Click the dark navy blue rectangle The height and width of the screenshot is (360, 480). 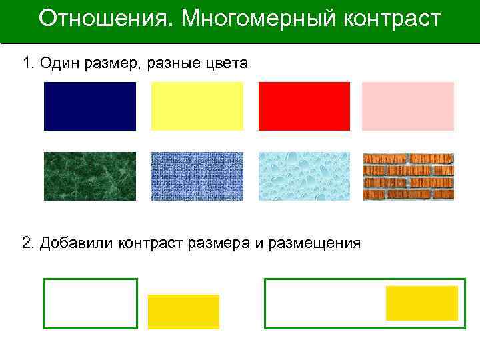coord(89,106)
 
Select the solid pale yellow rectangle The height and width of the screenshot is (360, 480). coord(197,106)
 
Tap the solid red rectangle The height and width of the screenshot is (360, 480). coord(304,106)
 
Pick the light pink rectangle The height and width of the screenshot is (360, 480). coord(407,106)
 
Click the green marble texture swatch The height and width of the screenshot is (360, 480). coord(89,176)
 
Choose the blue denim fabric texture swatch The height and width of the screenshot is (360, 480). coord(197,176)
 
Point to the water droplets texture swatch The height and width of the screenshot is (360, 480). coord(304,176)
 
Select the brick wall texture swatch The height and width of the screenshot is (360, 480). coord(407,176)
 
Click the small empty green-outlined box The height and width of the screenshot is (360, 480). coord(90,303)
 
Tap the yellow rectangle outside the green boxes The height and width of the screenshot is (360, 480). coord(183,311)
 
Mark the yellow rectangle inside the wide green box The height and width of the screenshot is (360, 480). coord(422,303)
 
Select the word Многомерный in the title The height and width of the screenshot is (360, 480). coord(257,19)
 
